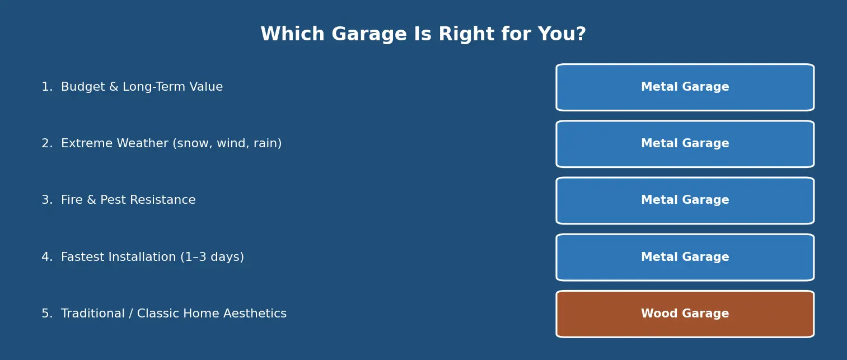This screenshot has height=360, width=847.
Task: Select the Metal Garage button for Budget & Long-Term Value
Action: click(685, 87)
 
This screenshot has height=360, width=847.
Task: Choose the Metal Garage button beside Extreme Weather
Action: click(685, 144)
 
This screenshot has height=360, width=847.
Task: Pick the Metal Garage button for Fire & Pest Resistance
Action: click(685, 200)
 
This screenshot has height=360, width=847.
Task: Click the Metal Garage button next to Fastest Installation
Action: click(685, 257)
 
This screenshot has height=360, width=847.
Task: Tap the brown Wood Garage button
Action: click(685, 314)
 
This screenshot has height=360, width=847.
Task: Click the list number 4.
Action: click(46, 258)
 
